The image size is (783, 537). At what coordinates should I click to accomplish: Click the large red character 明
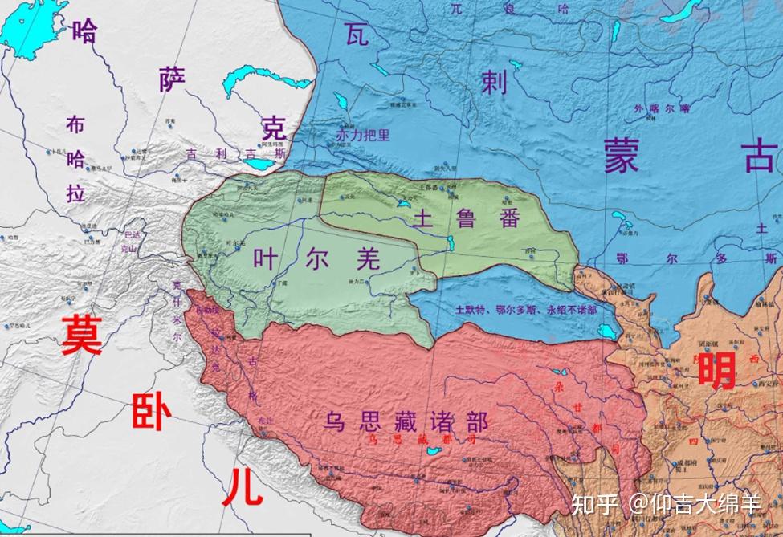click(x=717, y=370)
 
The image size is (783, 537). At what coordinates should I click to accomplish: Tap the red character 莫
click(x=83, y=336)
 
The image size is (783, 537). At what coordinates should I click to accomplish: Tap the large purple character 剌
click(x=493, y=82)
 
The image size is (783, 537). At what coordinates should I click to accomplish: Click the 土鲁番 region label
click(x=466, y=218)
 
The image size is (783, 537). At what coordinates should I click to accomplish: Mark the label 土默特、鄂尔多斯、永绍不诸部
click(x=525, y=309)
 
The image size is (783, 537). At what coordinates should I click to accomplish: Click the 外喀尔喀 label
click(x=661, y=108)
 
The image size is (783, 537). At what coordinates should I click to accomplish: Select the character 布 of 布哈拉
click(x=75, y=124)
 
